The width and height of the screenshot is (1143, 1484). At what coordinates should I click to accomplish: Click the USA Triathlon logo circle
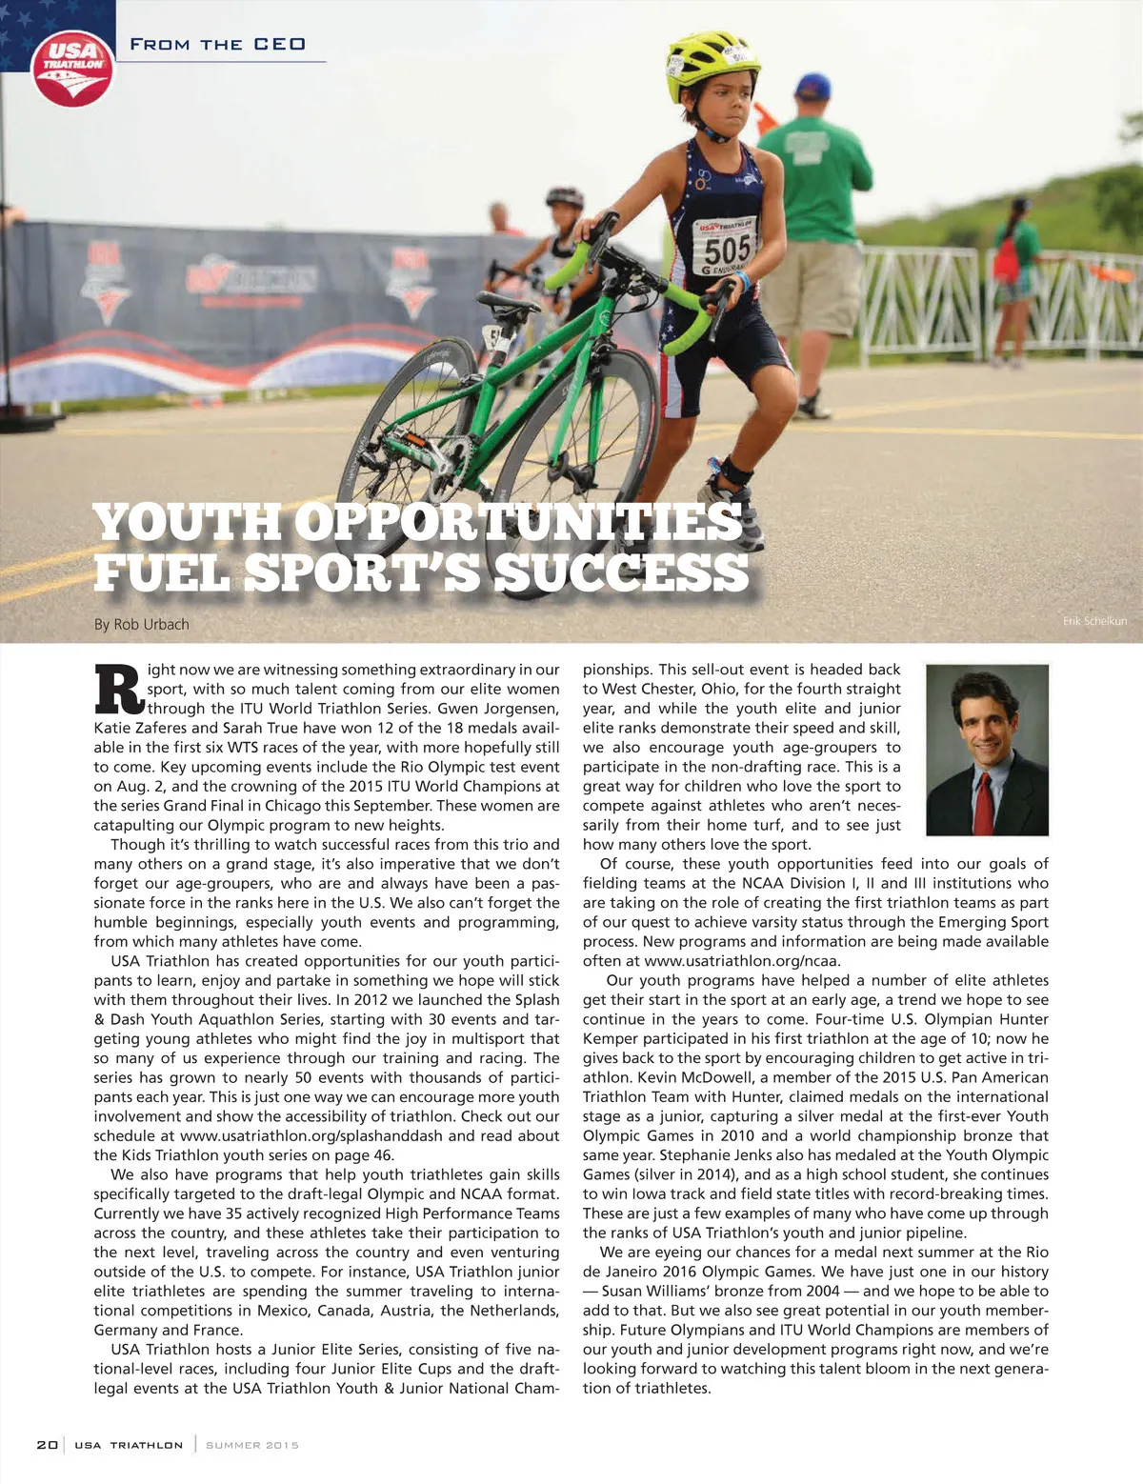72,66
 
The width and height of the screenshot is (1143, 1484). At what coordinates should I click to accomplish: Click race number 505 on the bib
728,249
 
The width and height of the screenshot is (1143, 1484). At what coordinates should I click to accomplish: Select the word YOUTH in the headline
187,523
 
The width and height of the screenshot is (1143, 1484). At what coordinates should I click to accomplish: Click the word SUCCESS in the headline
621,572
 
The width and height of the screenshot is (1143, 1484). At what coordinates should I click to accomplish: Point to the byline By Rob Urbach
141,624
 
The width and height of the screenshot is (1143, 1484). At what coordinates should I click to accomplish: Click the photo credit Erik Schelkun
1094,621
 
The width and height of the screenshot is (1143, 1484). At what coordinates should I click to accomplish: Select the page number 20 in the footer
47,1445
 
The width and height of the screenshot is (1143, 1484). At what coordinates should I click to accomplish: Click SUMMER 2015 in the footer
252,1445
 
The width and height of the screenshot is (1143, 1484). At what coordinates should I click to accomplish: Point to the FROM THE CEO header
217,45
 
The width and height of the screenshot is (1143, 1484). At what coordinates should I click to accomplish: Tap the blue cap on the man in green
812,87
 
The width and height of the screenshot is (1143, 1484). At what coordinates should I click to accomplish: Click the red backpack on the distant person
1005,256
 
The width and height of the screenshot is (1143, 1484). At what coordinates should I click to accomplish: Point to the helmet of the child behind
564,197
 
